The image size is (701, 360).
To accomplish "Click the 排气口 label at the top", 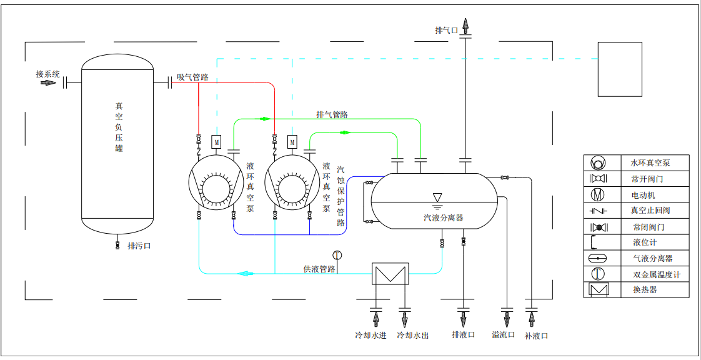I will coord(447,30).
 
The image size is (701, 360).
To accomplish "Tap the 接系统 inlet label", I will coord(47,74).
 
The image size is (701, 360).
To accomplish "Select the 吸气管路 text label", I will coord(192,77).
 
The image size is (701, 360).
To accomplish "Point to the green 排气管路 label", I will coord(332,115).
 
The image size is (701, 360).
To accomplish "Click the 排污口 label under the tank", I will coord(139,246).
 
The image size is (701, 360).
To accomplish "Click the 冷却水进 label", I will coord(370,336).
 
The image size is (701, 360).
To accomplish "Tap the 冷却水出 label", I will coord(413,336).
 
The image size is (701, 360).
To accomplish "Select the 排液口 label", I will coord(463,335).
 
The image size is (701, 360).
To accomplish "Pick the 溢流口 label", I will coord(503,335).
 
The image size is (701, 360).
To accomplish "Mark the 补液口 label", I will coord(536,336).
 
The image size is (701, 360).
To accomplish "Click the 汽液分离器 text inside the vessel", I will coord(443,217).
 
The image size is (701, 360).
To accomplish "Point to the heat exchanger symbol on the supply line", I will coord(390,274).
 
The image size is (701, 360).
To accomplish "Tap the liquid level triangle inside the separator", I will coord(437,197).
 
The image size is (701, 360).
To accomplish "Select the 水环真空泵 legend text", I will coord(650,163).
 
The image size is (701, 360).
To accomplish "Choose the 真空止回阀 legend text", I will coord(650,211).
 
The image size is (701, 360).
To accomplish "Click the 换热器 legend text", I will coord(645,290).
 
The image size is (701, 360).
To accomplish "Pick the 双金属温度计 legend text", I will coord(655,274).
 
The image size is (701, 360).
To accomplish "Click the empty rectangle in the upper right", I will coord(620,69).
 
